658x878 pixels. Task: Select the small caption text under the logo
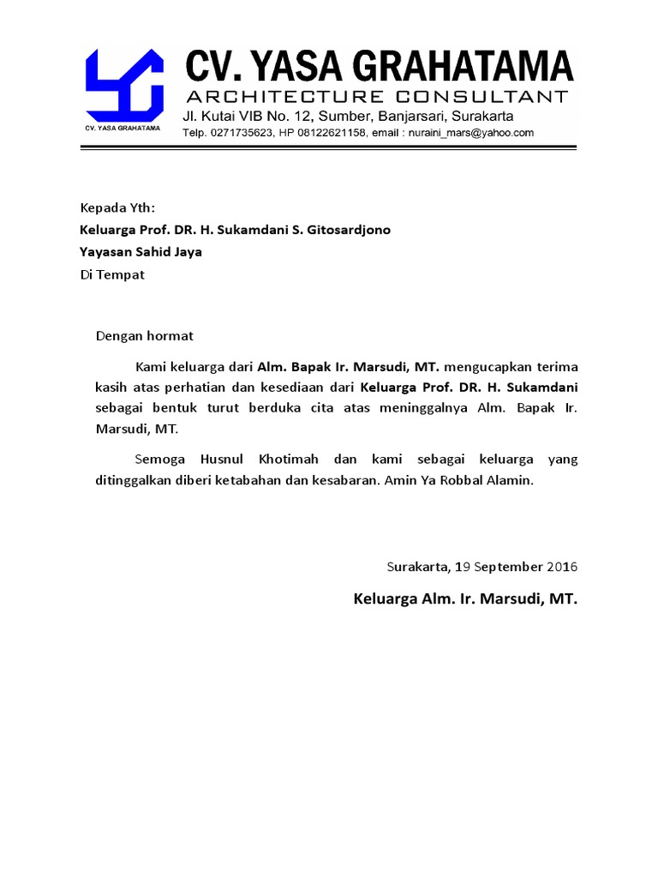[x=123, y=129]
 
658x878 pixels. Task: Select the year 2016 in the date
[x=562, y=567]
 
